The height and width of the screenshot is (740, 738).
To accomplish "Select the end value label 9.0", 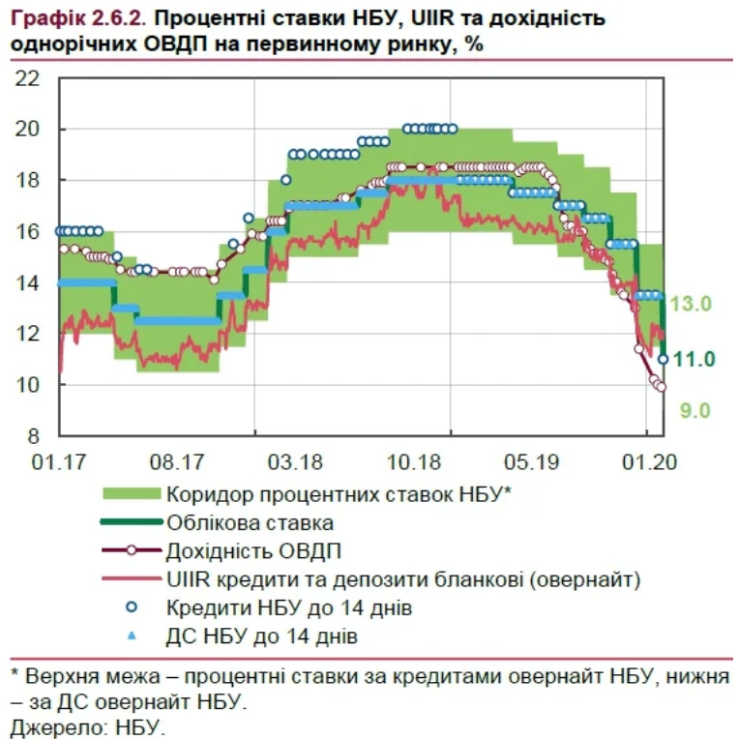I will [694, 411].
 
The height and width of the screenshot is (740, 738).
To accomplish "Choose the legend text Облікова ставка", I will [250, 522].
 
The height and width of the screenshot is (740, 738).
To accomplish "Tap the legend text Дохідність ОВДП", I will [253, 551].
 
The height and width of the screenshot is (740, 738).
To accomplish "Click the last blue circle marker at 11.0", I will [664, 359].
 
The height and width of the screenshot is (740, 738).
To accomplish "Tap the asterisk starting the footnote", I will [15, 671].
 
